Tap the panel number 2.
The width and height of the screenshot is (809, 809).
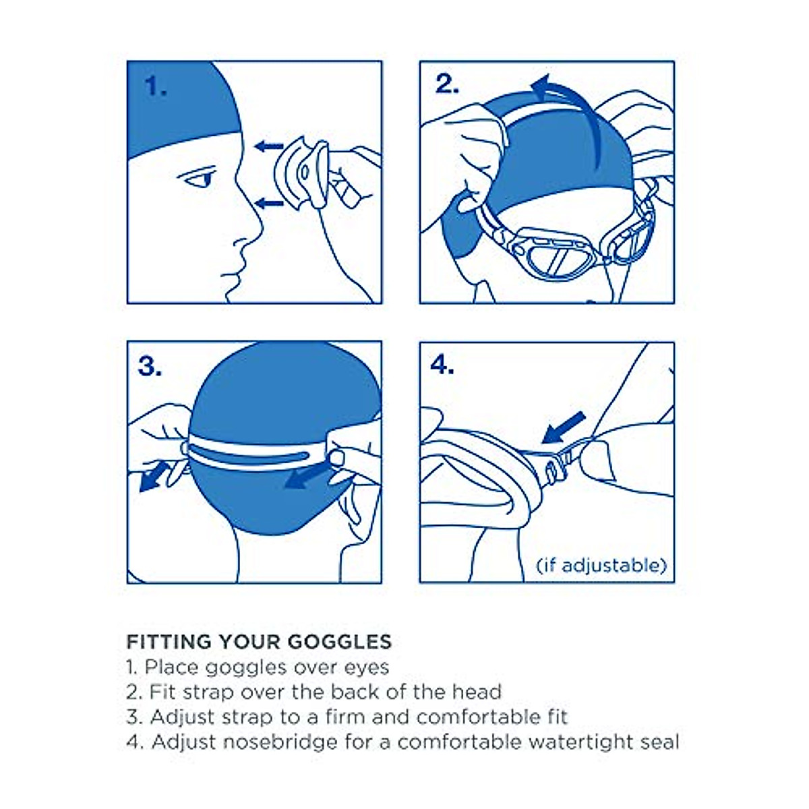(447, 84)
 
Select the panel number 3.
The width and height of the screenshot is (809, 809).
(150, 366)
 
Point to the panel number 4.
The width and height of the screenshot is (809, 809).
(442, 365)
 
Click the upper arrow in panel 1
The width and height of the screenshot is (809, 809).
(268, 145)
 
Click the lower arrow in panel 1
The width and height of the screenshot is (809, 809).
(269, 202)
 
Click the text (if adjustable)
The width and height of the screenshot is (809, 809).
(601, 564)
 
